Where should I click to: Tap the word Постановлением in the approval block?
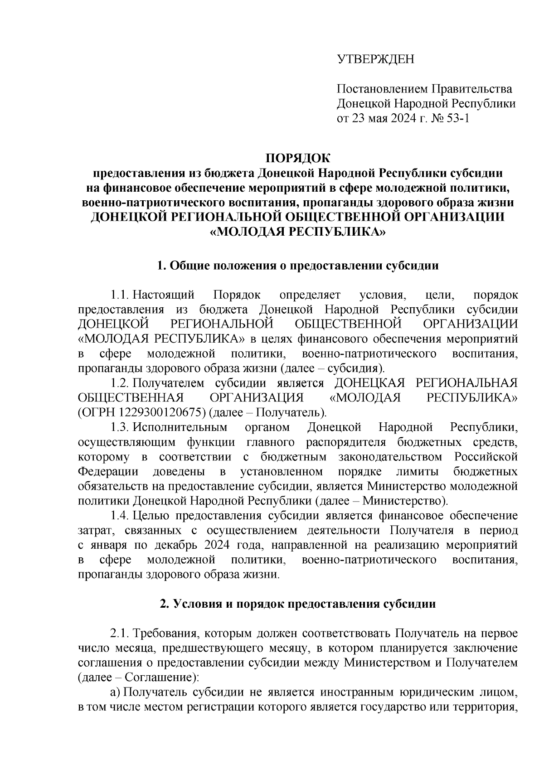(x=381, y=89)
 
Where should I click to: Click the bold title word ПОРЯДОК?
(x=298, y=158)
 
